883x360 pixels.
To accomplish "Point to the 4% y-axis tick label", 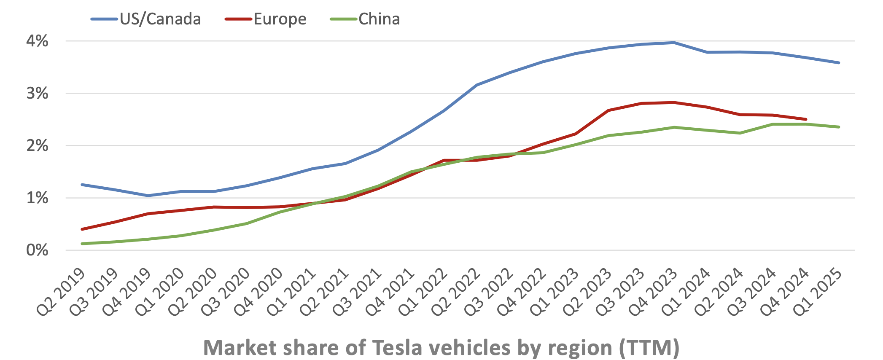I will click(x=37, y=41).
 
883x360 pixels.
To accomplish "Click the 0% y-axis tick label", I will click(x=37, y=250).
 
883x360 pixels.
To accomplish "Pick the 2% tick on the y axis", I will click(x=37, y=146).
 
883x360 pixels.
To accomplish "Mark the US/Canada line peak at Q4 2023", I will click(x=674, y=43).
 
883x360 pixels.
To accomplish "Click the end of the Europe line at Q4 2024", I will click(x=806, y=119).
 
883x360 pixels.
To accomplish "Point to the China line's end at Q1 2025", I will click(x=839, y=127).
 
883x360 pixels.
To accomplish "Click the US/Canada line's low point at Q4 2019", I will click(x=148, y=196).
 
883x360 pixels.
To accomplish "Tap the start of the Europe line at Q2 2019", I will click(x=82, y=229).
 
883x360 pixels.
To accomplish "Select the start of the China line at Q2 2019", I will click(x=82, y=244).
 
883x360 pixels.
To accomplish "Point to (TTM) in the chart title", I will click(x=649, y=348).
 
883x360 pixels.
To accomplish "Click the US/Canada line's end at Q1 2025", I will click(x=839, y=63).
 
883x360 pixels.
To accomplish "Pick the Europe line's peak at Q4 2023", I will click(x=674, y=102).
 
